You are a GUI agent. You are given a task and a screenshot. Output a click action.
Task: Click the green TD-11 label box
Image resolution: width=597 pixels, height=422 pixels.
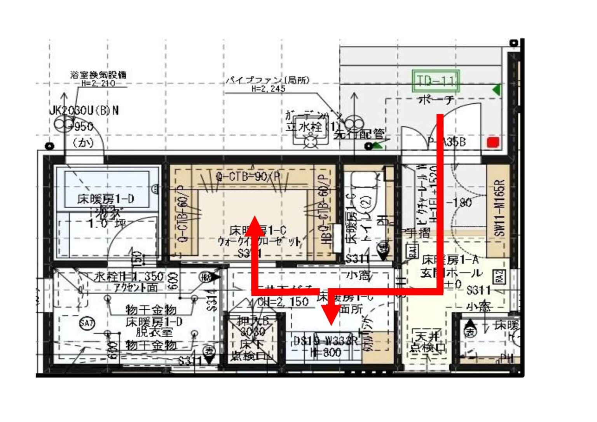[436, 81]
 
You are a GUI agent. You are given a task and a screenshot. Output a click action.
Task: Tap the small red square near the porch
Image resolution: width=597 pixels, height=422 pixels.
[493, 142]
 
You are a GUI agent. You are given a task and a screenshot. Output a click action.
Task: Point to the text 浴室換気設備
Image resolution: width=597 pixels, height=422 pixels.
[98, 75]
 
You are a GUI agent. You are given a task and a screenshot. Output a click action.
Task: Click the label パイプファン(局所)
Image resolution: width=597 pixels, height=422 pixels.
[268, 80]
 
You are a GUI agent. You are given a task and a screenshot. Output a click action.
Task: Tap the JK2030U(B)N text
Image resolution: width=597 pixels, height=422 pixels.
[84, 111]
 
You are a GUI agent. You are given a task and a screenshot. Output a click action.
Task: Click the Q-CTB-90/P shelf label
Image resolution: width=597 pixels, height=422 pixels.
[248, 177]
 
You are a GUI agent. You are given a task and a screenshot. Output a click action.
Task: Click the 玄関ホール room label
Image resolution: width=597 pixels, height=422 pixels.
[451, 273]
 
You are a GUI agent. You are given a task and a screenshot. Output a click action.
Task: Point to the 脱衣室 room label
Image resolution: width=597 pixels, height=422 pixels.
[154, 332]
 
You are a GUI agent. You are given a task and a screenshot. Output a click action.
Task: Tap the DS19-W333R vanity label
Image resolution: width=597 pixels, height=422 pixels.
[326, 341]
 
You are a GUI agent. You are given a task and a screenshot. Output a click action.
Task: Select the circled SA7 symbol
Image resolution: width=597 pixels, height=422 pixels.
[87, 323]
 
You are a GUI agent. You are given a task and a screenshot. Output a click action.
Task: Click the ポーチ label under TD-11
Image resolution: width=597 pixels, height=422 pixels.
[436, 100]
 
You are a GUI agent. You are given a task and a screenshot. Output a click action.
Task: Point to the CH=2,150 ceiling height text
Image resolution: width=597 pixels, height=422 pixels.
[283, 302]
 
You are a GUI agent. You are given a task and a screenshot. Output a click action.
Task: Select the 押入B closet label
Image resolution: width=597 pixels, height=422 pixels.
[253, 321]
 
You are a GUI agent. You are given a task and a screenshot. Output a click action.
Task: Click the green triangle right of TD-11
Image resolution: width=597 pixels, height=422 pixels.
[496, 90]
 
